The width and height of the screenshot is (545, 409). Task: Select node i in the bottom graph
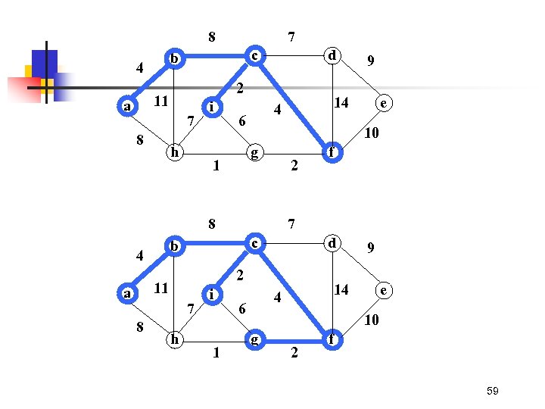[213, 293]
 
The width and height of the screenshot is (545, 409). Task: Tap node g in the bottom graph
[255, 339]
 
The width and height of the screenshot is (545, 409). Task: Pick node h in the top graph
[175, 152]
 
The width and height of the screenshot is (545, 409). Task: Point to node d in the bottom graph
[331, 243]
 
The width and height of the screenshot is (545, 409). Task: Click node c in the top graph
[255, 55]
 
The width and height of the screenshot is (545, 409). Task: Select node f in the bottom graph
[331, 340]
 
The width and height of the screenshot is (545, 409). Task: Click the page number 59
[492, 391]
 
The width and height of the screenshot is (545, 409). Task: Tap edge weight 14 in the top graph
[341, 102]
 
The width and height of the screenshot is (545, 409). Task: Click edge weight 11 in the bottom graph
[160, 289]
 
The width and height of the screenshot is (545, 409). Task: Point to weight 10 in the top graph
[371, 134]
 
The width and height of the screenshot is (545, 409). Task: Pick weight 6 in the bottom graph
[241, 308]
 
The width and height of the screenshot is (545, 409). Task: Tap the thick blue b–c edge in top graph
[215, 55]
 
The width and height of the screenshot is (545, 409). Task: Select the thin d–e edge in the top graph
[360, 80]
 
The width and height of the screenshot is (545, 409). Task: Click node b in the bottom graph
[175, 247]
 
